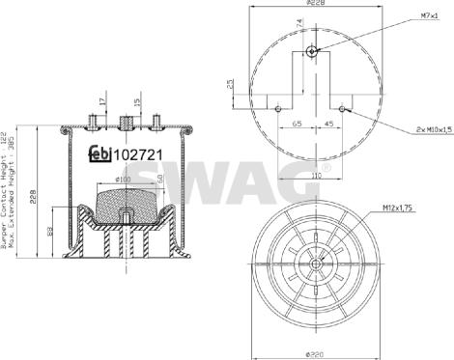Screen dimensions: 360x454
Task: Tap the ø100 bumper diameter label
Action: click(x=125, y=179)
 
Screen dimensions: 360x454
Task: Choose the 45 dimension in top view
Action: click(x=329, y=125)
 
